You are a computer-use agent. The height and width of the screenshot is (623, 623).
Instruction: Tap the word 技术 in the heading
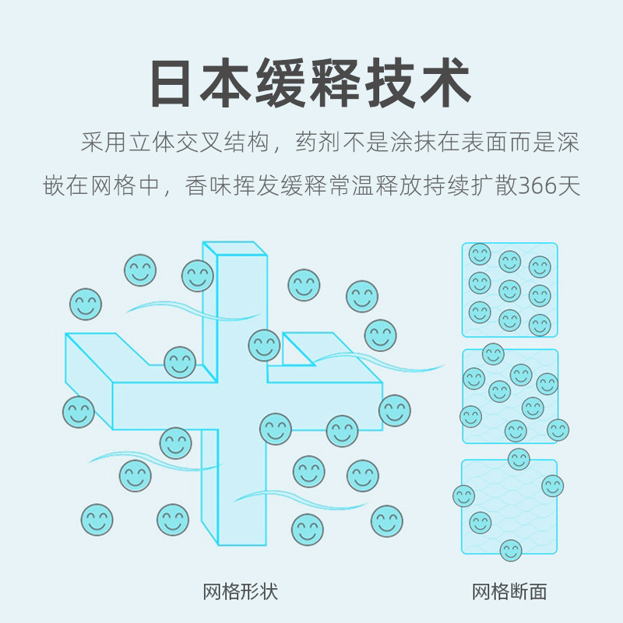tap(421, 83)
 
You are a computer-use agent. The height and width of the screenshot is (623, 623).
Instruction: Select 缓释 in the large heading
tap(311, 83)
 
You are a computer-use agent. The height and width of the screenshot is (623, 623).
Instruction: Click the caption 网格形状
tap(240, 592)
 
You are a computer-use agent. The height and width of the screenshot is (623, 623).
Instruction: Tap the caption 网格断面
tap(509, 592)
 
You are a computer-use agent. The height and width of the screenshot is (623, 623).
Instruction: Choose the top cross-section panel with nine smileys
tap(510, 290)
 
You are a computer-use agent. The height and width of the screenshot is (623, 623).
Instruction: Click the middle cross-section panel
tap(510, 396)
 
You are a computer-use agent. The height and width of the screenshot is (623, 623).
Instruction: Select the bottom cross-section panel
tap(510, 506)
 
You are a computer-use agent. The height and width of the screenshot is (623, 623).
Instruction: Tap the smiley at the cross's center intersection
tap(264, 345)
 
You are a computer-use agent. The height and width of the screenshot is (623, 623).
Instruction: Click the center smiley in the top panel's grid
tap(510, 290)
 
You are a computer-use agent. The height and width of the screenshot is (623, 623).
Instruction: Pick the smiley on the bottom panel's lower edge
tap(511, 551)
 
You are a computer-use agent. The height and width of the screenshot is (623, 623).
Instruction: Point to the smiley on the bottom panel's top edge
tap(519, 459)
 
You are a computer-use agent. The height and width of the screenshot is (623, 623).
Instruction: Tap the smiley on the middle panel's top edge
tap(493, 354)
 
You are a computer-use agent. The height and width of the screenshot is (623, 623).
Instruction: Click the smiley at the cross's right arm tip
tap(395, 410)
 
